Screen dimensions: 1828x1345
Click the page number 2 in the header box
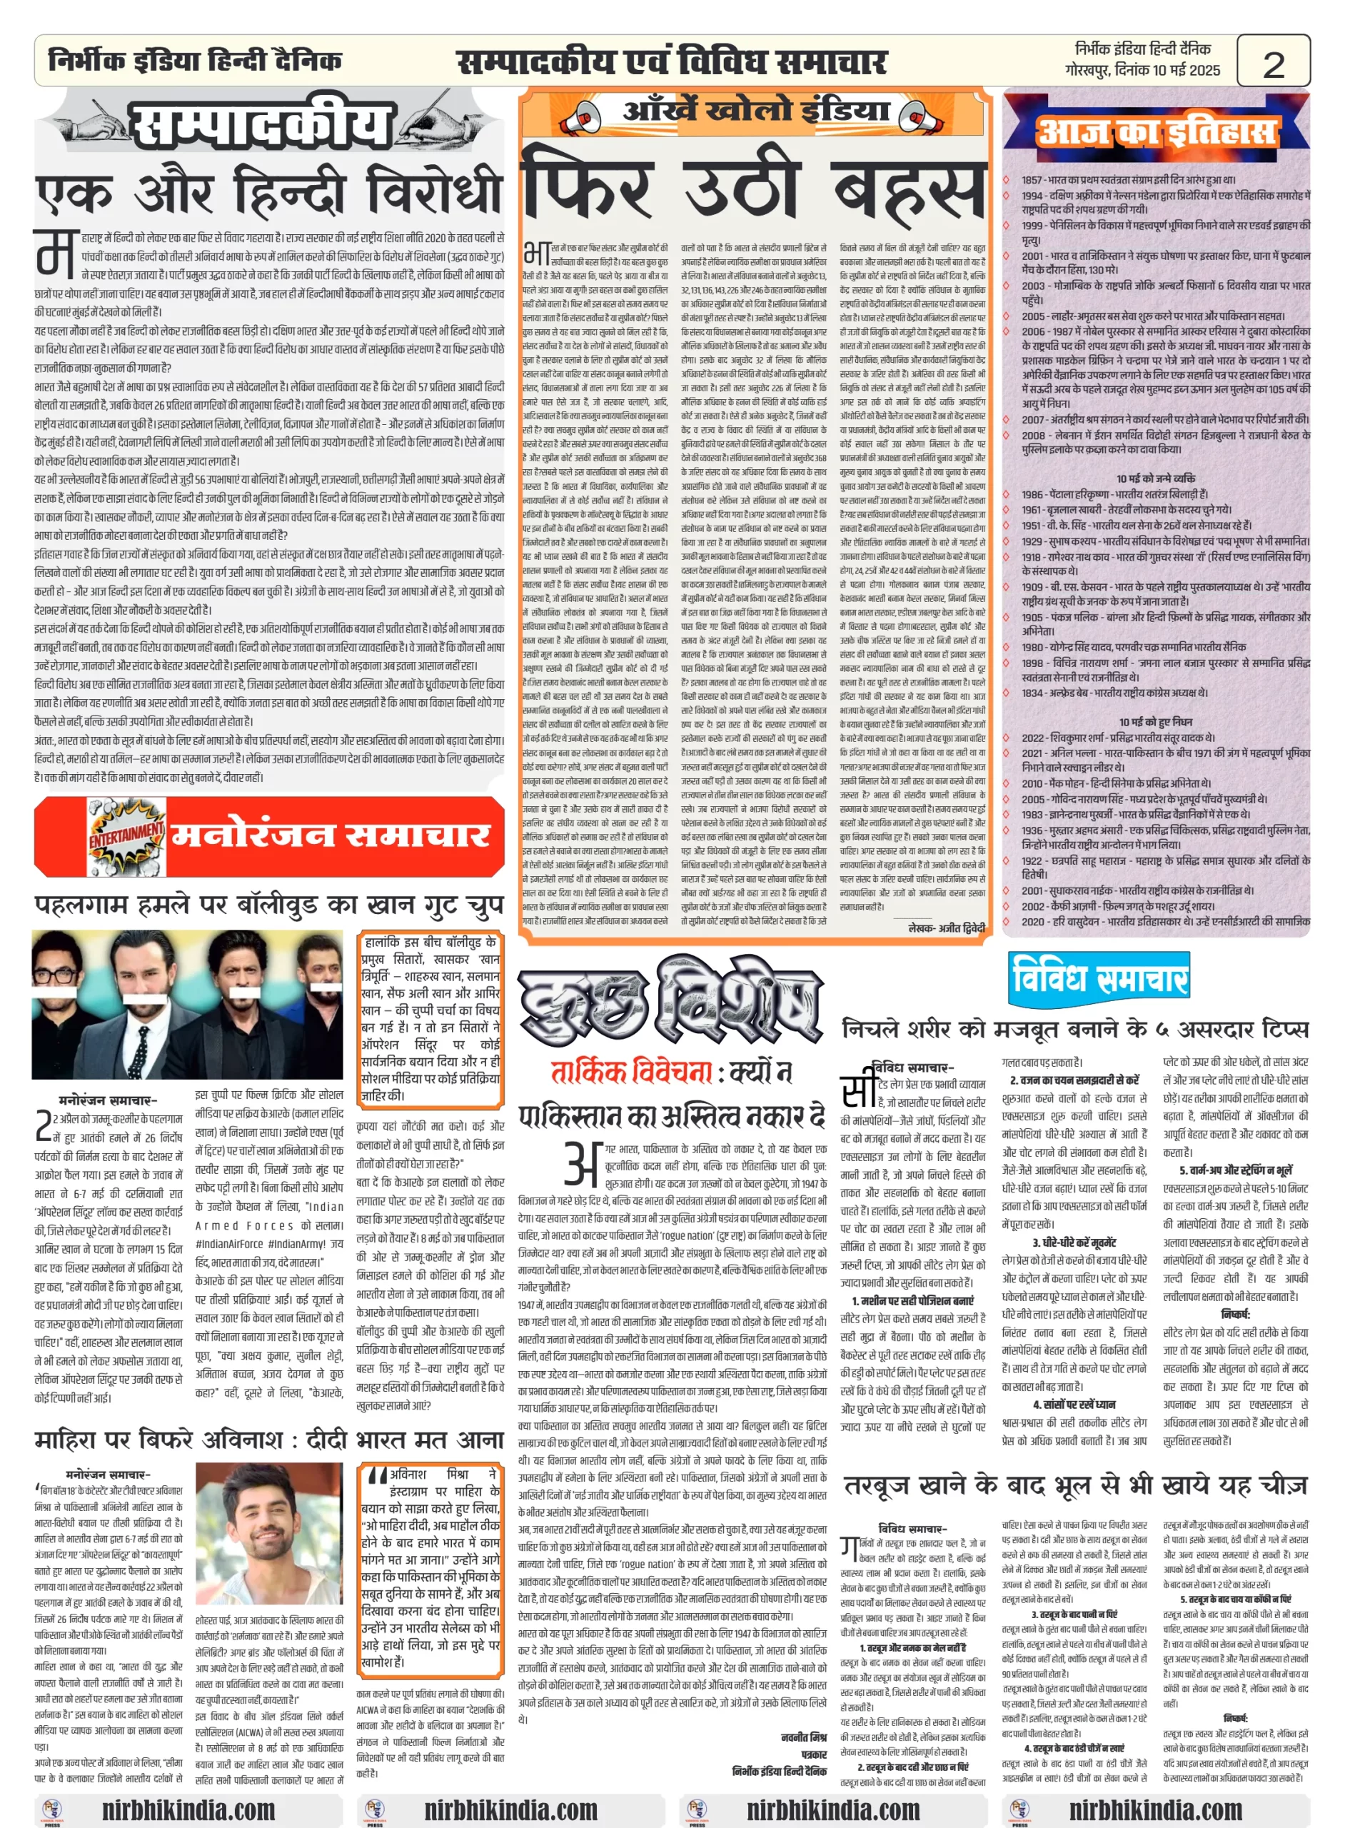pos(1273,64)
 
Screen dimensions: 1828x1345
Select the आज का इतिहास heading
pos(1156,131)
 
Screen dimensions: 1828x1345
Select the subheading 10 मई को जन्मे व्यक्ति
pos(1155,478)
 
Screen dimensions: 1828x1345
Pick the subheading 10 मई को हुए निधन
pos(1155,721)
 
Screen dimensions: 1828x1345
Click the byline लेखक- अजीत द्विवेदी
pos(946,928)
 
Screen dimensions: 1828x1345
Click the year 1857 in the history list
pos(1032,180)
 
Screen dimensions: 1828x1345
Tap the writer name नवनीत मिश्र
pos(802,1737)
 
